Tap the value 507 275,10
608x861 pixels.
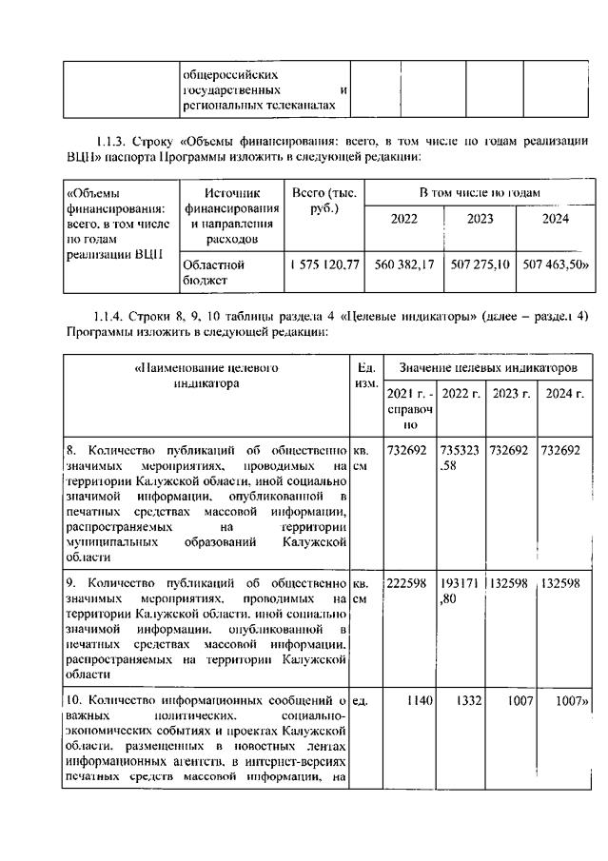pyautogui.click(x=480, y=261)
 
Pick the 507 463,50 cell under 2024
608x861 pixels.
pyautogui.click(x=556, y=261)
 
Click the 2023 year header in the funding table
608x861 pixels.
pyautogui.click(x=480, y=218)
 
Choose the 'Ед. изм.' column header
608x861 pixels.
pyautogui.click(x=365, y=374)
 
